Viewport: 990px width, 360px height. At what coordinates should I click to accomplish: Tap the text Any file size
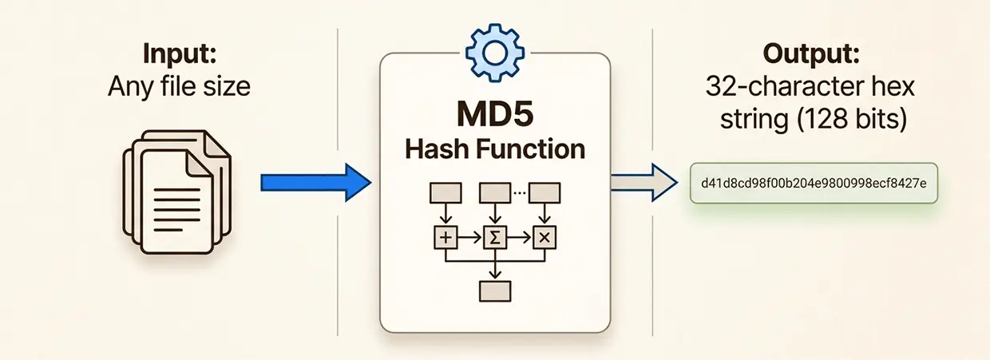179,85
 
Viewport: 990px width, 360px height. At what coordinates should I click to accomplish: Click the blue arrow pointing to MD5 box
316,184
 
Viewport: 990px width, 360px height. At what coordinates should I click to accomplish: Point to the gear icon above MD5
493,50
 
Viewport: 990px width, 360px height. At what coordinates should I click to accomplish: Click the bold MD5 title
494,113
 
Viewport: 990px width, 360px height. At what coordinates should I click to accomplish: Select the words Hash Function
494,148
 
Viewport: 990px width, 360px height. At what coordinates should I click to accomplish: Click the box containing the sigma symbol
495,236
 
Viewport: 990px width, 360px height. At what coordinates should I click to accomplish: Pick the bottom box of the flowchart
494,290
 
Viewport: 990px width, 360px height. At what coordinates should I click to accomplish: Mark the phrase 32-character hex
810,88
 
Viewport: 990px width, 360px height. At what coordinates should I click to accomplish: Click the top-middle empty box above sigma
494,192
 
